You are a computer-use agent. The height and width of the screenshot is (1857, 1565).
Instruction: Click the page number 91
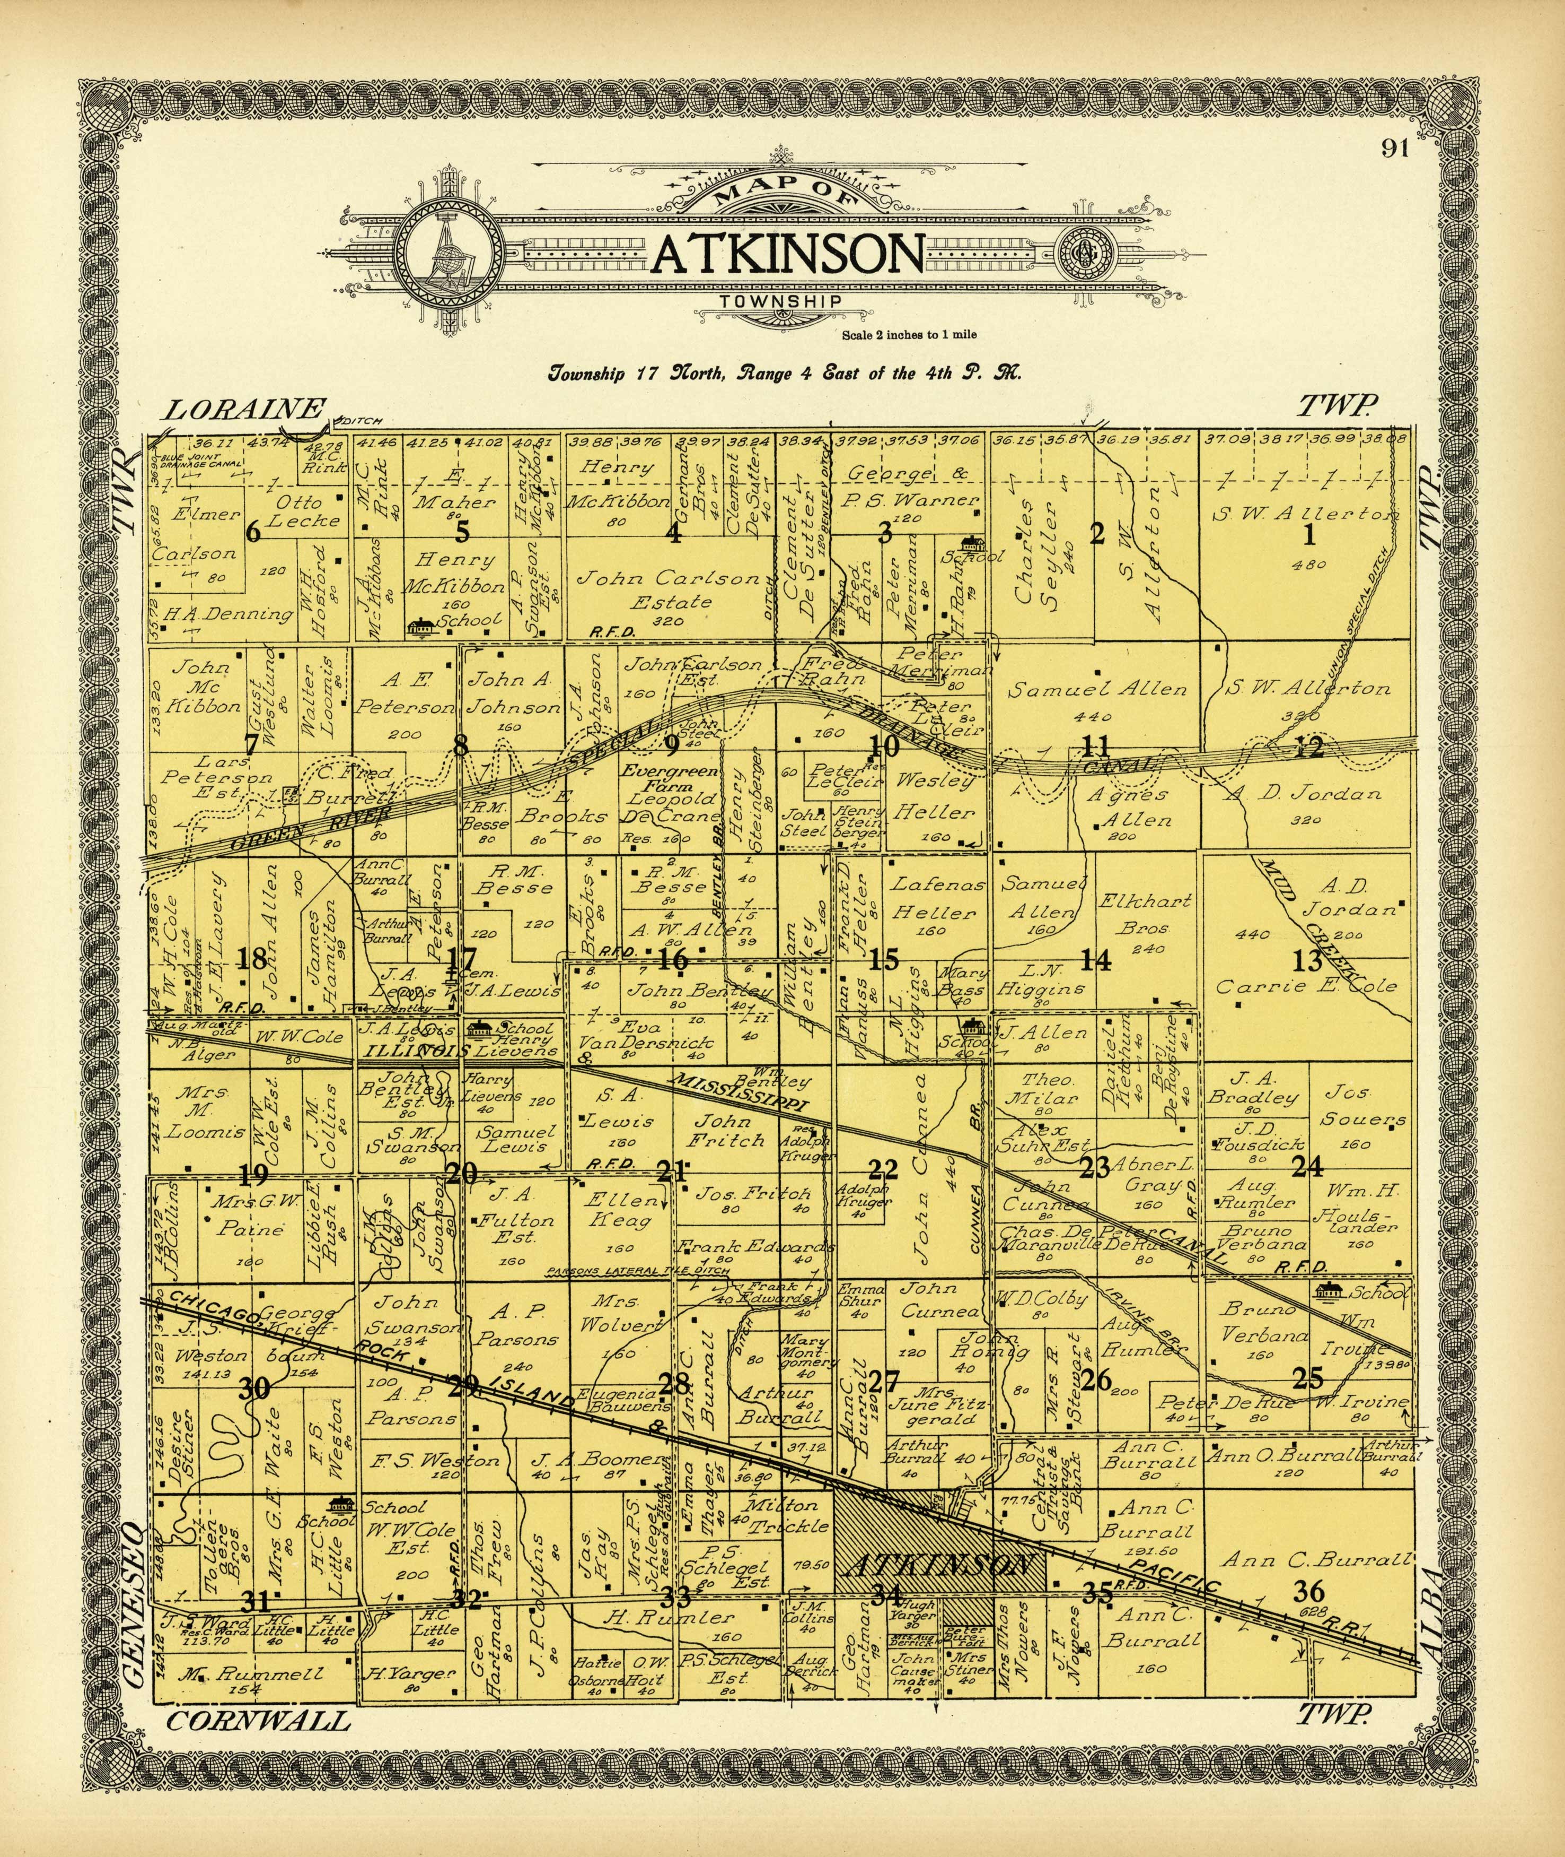1395,148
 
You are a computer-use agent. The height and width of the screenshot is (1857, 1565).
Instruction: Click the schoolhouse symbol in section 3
973,542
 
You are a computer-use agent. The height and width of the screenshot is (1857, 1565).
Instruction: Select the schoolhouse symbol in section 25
1330,1291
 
